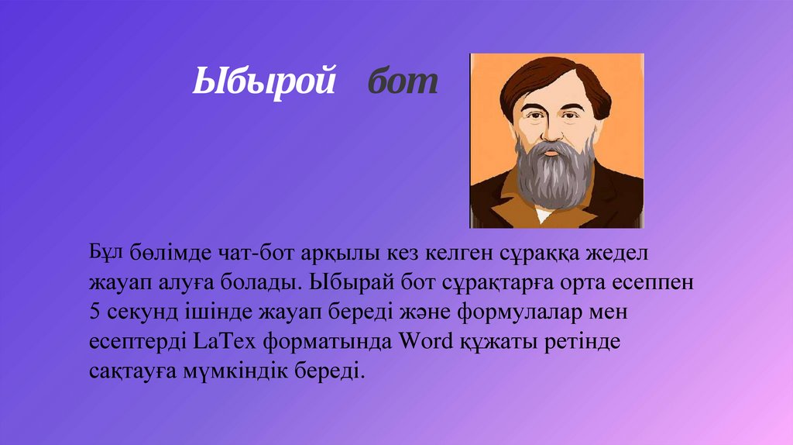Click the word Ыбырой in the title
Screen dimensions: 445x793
pyautogui.click(x=263, y=81)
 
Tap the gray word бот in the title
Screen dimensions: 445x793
pyautogui.click(x=402, y=81)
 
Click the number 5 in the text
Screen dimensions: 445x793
pyautogui.click(x=94, y=313)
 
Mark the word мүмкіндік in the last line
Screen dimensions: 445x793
pyautogui.click(x=250, y=371)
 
